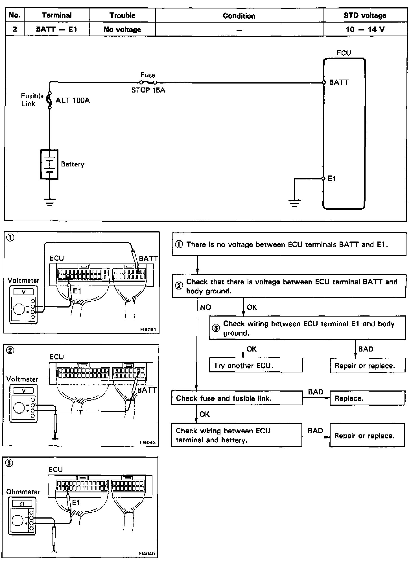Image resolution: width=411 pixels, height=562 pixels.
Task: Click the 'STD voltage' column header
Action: coord(365,16)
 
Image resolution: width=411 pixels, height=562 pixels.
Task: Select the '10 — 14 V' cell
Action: coord(365,29)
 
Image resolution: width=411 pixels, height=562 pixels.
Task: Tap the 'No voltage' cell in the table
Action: coord(122,29)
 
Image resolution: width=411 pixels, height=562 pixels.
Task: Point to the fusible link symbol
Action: coord(50,100)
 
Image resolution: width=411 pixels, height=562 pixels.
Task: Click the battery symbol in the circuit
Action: coord(49,164)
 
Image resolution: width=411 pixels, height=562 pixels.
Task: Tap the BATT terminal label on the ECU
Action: coord(339,82)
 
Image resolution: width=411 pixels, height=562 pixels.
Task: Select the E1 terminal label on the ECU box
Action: coord(332,179)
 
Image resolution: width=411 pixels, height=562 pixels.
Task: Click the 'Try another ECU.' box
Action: coord(255,366)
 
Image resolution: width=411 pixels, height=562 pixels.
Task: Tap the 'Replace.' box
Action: coord(367,398)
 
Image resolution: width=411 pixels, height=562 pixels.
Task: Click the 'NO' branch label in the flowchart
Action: coord(205,307)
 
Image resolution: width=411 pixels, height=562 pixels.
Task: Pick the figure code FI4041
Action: coord(148,330)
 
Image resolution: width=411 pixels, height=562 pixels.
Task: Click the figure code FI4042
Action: coord(148,442)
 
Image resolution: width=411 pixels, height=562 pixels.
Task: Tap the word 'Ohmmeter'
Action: coord(23,492)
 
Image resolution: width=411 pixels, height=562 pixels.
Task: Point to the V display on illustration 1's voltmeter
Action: coord(24,292)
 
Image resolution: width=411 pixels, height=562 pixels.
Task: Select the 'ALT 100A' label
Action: coord(73,100)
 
